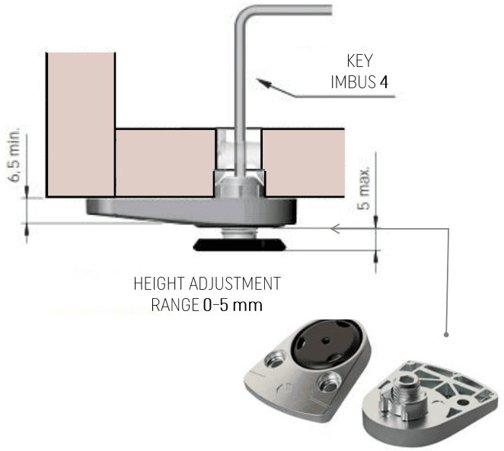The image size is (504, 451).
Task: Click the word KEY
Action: (x=359, y=61)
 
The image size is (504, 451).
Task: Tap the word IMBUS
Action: (x=353, y=82)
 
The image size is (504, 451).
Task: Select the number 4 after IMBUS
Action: (x=384, y=82)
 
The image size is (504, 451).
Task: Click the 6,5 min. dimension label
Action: (x=15, y=154)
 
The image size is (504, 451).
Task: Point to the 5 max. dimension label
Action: (x=364, y=189)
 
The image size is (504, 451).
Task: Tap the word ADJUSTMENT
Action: (x=234, y=284)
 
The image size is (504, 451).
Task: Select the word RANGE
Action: (x=175, y=305)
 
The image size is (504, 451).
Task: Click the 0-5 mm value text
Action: (x=233, y=305)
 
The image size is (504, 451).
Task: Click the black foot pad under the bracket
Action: (x=240, y=245)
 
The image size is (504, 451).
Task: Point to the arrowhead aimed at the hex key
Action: (x=264, y=82)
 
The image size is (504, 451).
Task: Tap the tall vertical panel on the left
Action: (x=81, y=125)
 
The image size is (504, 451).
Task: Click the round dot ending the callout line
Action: (x=446, y=335)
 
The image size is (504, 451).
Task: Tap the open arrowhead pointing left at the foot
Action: (x=335, y=229)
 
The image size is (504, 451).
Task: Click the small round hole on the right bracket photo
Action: (x=462, y=402)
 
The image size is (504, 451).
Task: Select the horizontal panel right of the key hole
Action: (x=304, y=163)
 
